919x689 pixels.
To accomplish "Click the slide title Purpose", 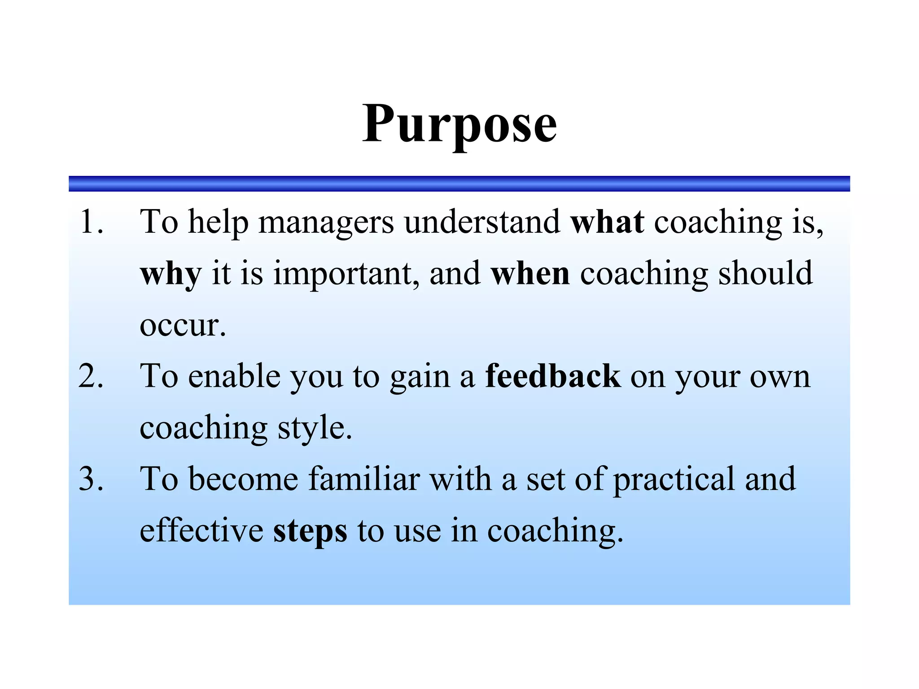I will [x=459, y=124].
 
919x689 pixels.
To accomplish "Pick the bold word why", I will [x=171, y=274].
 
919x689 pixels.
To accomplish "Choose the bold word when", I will [x=530, y=274].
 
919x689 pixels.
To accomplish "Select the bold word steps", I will [x=310, y=531].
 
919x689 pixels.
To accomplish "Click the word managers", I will [x=326, y=222].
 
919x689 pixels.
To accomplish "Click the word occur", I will [x=182, y=325].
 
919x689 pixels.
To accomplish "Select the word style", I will [x=314, y=428].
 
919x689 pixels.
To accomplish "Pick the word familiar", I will [x=364, y=479].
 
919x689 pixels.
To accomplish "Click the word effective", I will [x=201, y=530].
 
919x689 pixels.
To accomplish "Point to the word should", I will [x=765, y=274].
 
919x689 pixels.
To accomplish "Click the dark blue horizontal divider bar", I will [x=459, y=183].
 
